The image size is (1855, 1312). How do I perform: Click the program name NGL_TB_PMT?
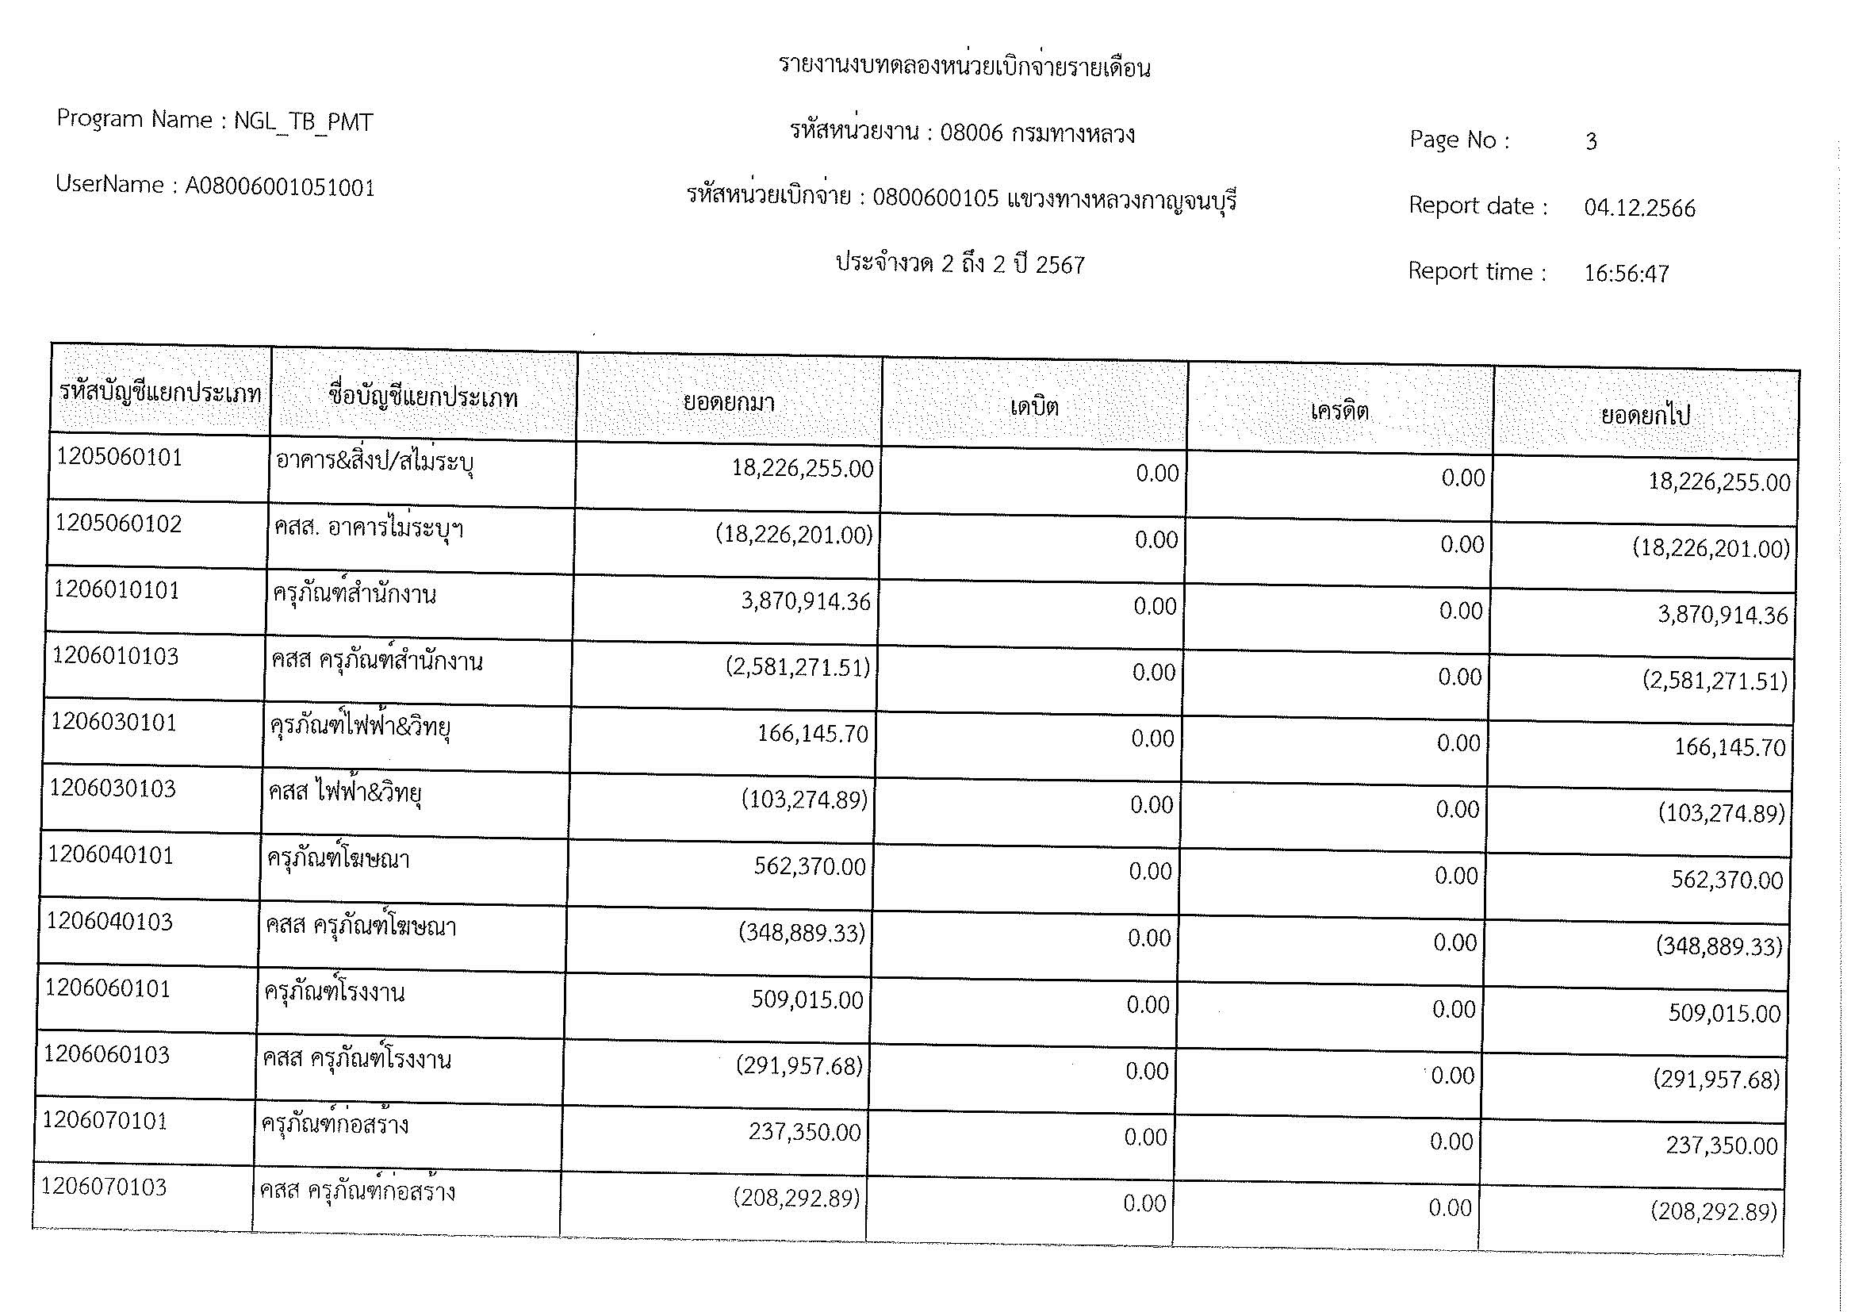303,122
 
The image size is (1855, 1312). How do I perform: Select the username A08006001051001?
279,187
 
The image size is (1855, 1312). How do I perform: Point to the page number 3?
1591,142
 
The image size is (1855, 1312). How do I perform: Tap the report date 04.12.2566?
1639,209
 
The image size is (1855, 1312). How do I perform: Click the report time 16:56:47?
1626,274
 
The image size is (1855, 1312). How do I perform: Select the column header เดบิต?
1034,406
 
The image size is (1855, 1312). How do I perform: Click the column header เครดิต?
1339,412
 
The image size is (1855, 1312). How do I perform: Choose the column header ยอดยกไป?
1645,417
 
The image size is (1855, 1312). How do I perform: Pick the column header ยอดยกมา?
729,402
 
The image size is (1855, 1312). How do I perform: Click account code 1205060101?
120,458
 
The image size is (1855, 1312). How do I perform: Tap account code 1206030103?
113,788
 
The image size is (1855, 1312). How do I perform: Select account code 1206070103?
103,1187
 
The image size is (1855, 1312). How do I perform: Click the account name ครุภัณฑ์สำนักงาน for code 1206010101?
355,596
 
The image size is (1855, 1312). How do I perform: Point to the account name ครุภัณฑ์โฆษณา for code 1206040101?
339,859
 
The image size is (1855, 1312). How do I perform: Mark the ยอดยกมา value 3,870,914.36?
806,602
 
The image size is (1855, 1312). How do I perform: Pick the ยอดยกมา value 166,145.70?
812,734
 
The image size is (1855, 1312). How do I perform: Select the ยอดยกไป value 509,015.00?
1724,1013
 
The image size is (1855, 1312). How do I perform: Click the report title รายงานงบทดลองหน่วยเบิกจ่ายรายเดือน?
964,67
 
